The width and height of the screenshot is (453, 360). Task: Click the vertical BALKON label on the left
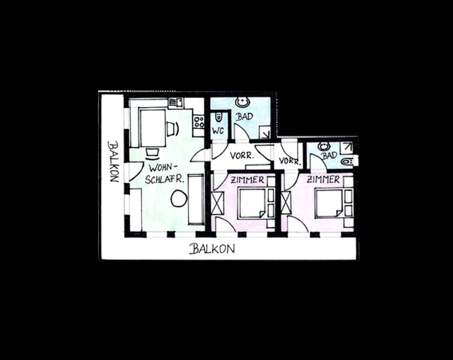pos(114,161)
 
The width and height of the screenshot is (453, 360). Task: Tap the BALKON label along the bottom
pos(212,249)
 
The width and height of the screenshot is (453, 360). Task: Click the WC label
pos(218,131)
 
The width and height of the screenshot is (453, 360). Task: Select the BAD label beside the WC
pos(244,117)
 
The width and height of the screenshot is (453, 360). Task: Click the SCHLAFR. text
pos(164,179)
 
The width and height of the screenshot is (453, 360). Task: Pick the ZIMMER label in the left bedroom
pos(247,180)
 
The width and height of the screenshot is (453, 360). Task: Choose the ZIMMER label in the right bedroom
pos(323,180)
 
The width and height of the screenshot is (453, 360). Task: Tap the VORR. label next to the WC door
pos(242,156)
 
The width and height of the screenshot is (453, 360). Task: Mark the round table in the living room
pos(179,198)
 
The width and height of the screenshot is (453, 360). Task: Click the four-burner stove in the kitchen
pos(199,121)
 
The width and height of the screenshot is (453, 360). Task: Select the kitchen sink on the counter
pos(176,102)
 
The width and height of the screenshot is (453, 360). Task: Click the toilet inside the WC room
pos(219,117)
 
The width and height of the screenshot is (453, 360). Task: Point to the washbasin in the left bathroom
pos(242,102)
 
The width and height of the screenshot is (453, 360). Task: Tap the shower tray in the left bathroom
pos(264,133)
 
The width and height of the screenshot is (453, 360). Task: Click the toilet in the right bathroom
pos(347,161)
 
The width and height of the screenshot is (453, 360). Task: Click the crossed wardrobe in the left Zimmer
pos(218,203)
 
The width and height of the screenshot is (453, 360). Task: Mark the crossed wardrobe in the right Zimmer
pos(286,202)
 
